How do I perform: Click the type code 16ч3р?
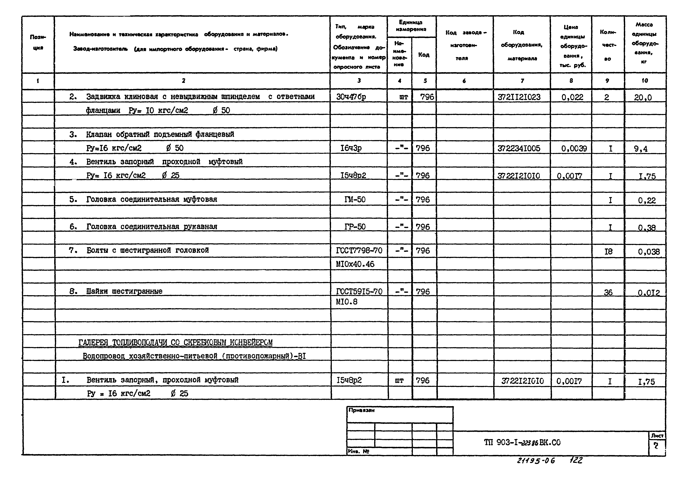tap(351, 148)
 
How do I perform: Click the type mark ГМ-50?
tap(355, 200)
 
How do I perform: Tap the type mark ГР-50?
tap(355, 227)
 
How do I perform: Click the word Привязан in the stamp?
tap(361, 410)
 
